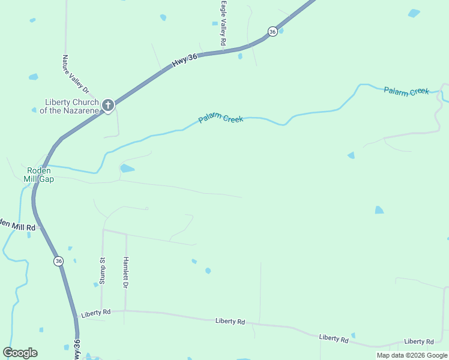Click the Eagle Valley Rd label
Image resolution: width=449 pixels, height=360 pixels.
pos(223,23)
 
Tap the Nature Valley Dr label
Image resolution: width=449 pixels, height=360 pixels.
pos(76,74)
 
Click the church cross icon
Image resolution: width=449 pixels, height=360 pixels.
pos(108,106)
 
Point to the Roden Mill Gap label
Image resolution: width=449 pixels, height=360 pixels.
pos(38,174)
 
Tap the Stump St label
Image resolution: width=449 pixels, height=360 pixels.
pos(103,268)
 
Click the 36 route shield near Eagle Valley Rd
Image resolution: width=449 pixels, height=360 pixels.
pos(273,31)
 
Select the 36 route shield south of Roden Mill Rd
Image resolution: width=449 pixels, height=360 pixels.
pos(58,261)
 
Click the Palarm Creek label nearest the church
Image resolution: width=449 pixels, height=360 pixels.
pos(221,119)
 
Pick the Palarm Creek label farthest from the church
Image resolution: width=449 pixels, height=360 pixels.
pos(406,91)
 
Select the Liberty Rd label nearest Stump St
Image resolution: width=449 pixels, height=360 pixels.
pos(96,313)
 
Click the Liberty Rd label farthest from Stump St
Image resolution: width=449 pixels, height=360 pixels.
pos(418,341)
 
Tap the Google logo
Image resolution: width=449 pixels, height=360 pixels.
pos(20,353)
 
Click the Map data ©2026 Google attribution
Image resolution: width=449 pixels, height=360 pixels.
pos(412,355)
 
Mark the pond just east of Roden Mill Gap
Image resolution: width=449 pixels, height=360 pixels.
pos(127,169)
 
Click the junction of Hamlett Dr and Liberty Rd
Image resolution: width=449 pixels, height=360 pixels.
pos(125,311)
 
